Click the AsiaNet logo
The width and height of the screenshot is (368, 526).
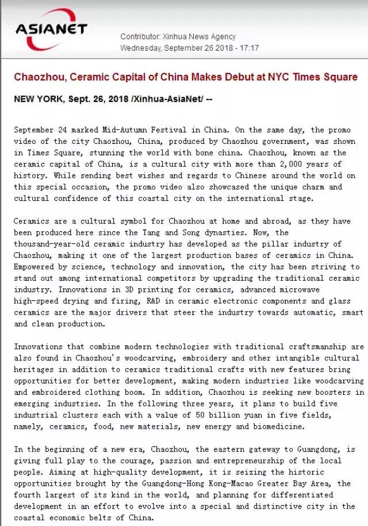51,29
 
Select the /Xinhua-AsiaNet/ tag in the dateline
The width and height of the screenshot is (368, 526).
167,99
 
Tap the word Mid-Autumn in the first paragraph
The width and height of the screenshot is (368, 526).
129,130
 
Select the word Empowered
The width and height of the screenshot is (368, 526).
34,266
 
